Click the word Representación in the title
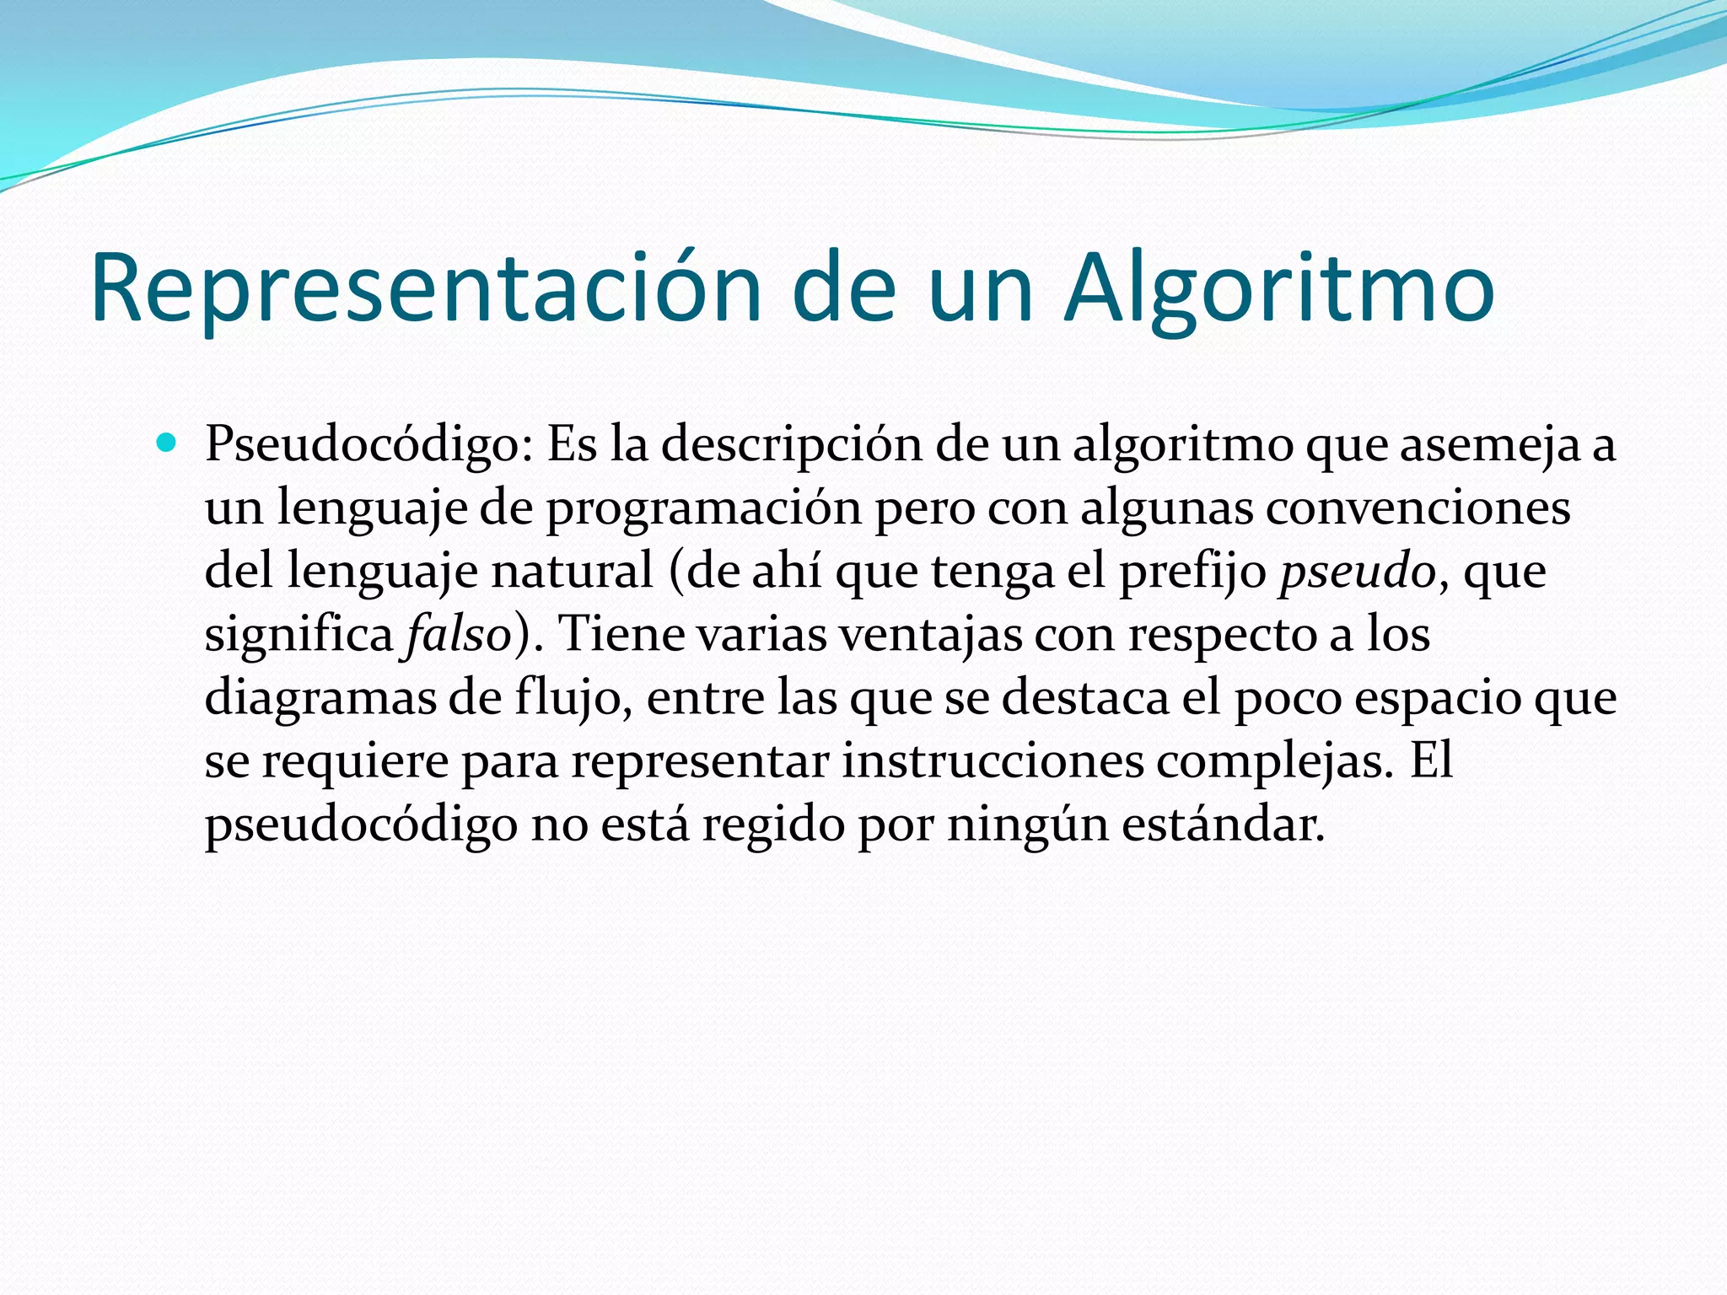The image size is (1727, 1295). tap(426, 289)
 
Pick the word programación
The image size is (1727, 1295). tap(704, 508)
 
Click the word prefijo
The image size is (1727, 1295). tap(1192, 571)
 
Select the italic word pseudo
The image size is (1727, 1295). tap(1357, 571)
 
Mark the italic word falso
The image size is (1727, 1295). tap(458, 634)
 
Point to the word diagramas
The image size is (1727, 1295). tap(320, 697)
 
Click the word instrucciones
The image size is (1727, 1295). tap(993, 760)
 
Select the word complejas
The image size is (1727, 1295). tap(1274, 760)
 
